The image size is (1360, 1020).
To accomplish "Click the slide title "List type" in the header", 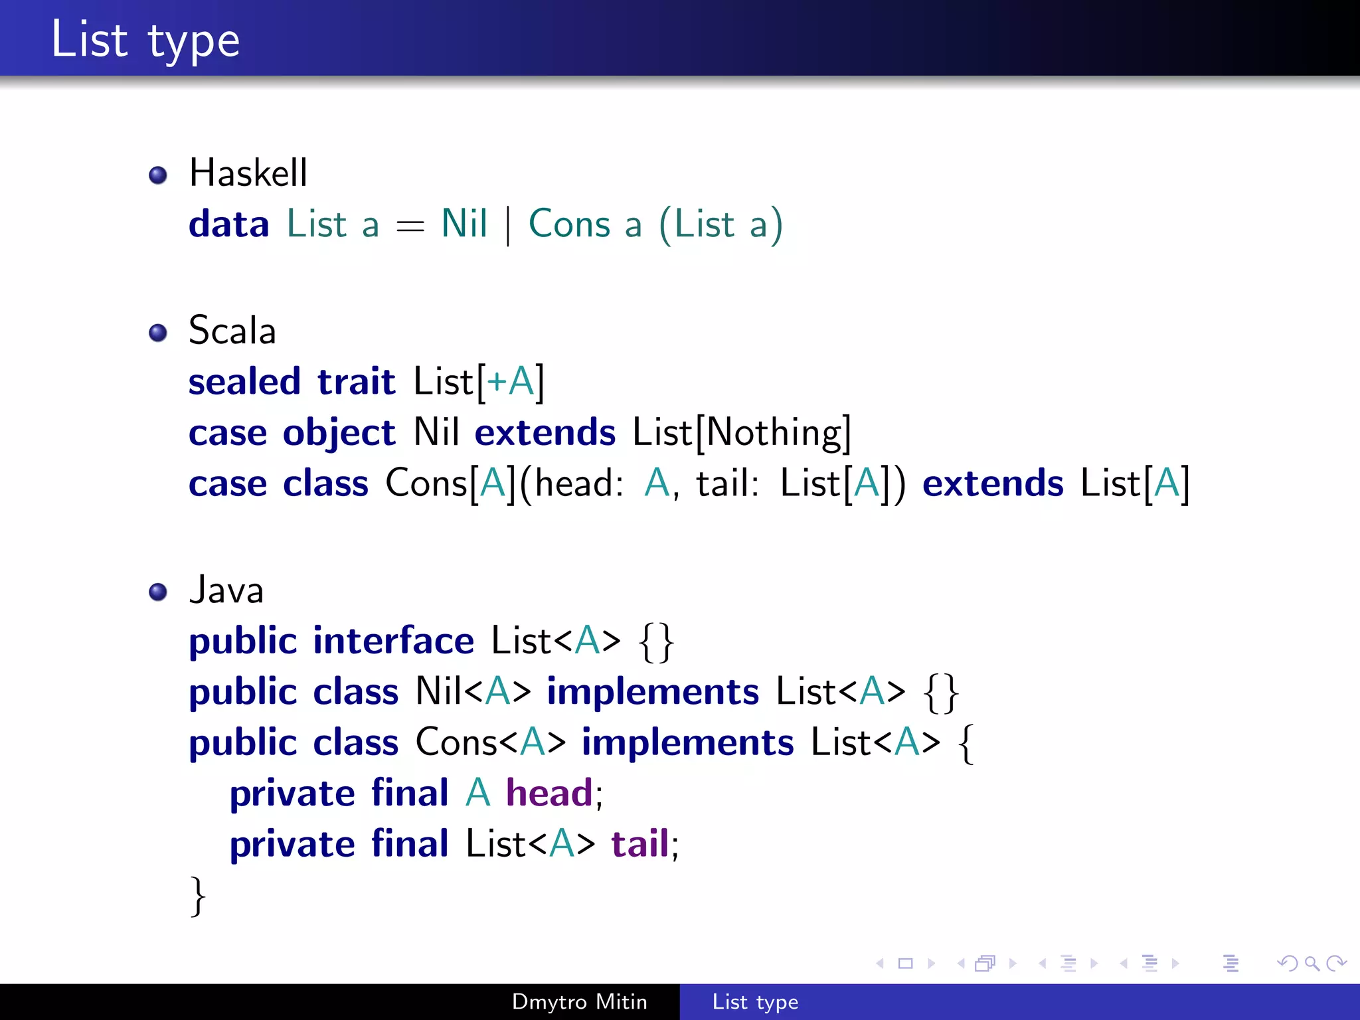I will [x=145, y=40].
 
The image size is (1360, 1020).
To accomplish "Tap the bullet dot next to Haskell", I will [x=158, y=175].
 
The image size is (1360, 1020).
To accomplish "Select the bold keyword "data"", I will [x=228, y=224].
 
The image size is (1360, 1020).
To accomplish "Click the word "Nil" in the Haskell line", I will [x=464, y=224].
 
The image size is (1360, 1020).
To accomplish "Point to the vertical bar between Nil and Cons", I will [x=508, y=226].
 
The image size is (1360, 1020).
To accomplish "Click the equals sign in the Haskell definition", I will [x=410, y=227].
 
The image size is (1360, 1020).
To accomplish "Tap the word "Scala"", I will [x=232, y=331].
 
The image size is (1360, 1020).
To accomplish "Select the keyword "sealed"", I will [x=244, y=382].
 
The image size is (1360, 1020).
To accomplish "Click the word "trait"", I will [x=356, y=382].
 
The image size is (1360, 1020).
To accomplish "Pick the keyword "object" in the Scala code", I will [x=339, y=434].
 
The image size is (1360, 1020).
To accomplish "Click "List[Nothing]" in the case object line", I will [x=741, y=433].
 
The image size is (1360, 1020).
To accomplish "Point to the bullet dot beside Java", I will [x=158, y=591].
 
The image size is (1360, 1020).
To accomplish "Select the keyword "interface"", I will [x=393, y=641].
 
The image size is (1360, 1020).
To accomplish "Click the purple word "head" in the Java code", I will [x=549, y=793].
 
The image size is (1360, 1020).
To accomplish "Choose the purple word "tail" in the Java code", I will [x=639, y=844].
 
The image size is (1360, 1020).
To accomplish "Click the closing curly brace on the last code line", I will [x=198, y=896].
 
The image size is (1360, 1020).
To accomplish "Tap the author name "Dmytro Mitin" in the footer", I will [x=579, y=1001].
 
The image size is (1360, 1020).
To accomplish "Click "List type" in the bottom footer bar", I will [x=755, y=1001].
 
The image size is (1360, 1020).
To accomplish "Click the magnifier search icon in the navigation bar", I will [x=1312, y=963].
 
